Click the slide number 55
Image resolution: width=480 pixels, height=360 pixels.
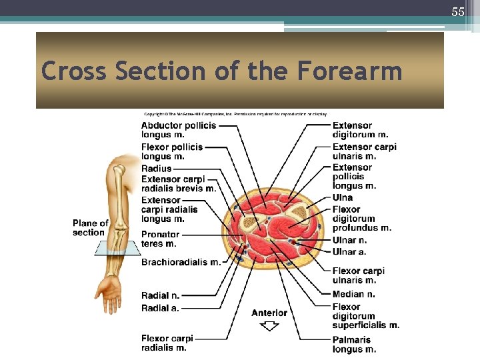pyautogui.click(x=457, y=12)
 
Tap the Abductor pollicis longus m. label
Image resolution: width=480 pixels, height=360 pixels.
pyautogui.click(x=178, y=130)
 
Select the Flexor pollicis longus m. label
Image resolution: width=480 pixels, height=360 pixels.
pyautogui.click(x=171, y=151)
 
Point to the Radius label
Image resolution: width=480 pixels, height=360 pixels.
pyautogui.click(x=156, y=169)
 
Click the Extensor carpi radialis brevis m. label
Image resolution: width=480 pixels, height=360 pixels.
pyautogui.click(x=178, y=183)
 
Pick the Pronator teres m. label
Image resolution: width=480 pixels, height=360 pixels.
pyautogui.click(x=160, y=239)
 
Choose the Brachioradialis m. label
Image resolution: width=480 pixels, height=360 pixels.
pyautogui.click(x=180, y=262)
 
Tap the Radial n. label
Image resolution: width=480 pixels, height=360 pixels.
pyautogui.click(x=160, y=295)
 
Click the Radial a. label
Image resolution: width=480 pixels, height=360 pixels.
pyautogui.click(x=160, y=307)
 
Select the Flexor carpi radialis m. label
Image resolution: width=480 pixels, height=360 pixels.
pyautogui.click(x=167, y=343)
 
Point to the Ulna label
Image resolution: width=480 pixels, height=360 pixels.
pyautogui.click(x=342, y=197)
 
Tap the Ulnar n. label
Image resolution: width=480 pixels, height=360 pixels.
pyautogui.click(x=349, y=240)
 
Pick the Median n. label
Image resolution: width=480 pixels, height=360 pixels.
pyautogui.click(x=353, y=294)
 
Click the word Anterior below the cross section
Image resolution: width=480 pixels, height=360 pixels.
pyautogui.click(x=269, y=313)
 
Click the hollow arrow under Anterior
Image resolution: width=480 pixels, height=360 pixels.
pyautogui.click(x=269, y=326)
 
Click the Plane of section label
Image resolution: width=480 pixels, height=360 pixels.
pyautogui.click(x=90, y=227)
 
